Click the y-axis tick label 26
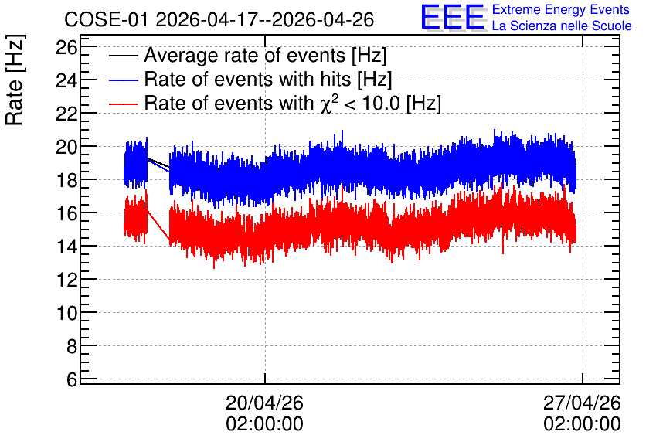[x=66, y=48]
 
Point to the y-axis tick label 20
[x=66, y=147]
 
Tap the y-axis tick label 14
[x=66, y=246]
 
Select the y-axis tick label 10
[x=66, y=314]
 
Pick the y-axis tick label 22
[x=66, y=114]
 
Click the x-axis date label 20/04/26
[x=264, y=403]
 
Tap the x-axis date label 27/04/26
[x=582, y=403]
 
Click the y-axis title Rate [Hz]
[x=15, y=80]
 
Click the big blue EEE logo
[x=453, y=17]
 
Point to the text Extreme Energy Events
[x=561, y=9]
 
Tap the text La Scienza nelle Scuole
[x=562, y=26]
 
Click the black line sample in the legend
[x=123, y=56]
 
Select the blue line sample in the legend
[x=123, y=80]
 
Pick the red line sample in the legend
[x=123, y=104]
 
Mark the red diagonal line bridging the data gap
[x=158, y=225]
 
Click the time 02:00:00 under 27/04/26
[x=582, y=424]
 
